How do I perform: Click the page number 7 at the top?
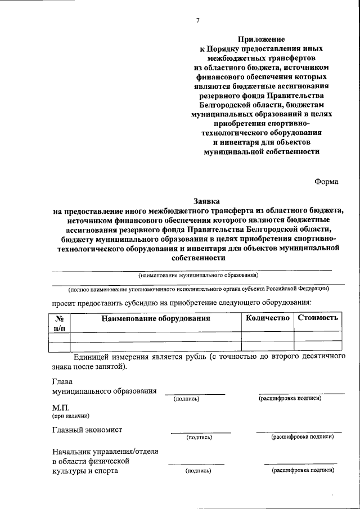click(x=197, y=21)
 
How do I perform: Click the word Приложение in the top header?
click(x=261, y=39)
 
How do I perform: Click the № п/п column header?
click(x=59, y=322)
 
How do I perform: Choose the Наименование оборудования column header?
click(x=155, y=318)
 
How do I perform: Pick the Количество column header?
click(x=268, y=318)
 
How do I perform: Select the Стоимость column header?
click(x=318, y=318)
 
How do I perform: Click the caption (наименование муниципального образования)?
click(x=199, y=276)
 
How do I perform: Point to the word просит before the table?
click(x=66, y=303)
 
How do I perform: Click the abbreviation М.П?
click(x=60, y=407)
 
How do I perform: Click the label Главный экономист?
click(x=87, y=430)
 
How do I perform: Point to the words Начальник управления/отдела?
click(x=105, y=451)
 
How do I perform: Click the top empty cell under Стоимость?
click(x=318, y=336)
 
